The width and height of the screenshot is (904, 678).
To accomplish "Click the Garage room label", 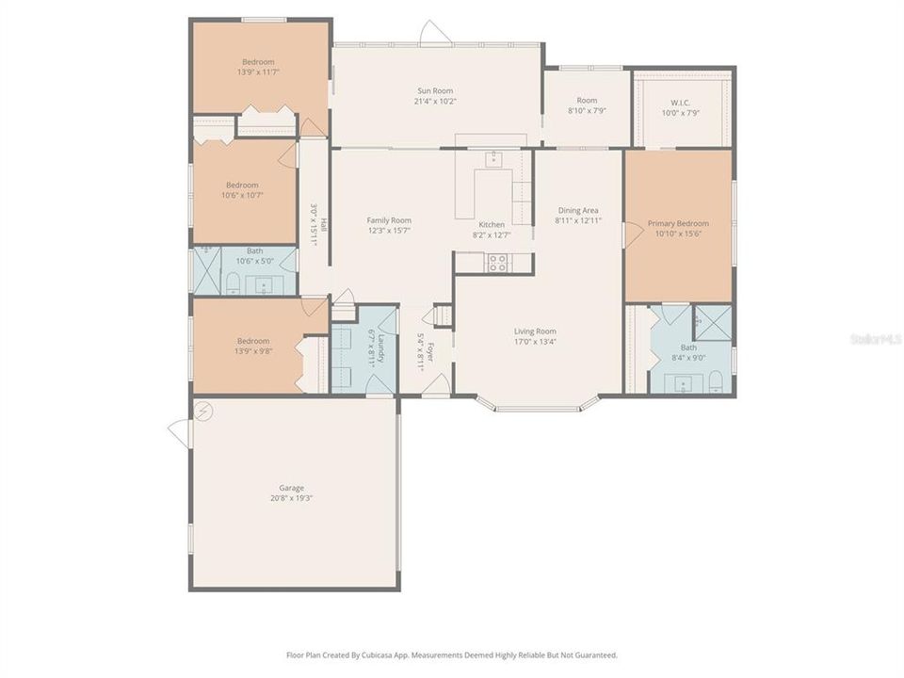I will tap(291, 488).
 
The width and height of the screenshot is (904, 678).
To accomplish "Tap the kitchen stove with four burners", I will tap(497, 264).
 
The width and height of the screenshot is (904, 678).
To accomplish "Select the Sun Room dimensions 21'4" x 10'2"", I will tap(436, 101).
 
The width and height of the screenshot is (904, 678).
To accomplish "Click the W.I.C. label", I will tap(682, 103).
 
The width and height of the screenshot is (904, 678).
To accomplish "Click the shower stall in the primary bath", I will tap(713, 322).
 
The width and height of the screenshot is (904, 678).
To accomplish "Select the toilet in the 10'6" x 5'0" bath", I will tap(232, 282).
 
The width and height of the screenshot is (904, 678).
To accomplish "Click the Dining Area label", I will tap(578, 210).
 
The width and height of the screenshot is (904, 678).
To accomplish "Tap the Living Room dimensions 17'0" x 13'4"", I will tap(535, 342).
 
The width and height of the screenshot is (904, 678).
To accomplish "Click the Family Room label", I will tap(389, 220).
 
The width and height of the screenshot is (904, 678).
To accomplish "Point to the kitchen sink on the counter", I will tap(492, 159).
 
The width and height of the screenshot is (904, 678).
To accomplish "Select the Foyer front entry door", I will tap(434, 385).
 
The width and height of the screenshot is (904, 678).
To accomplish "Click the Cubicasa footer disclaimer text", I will tap(452, 654).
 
